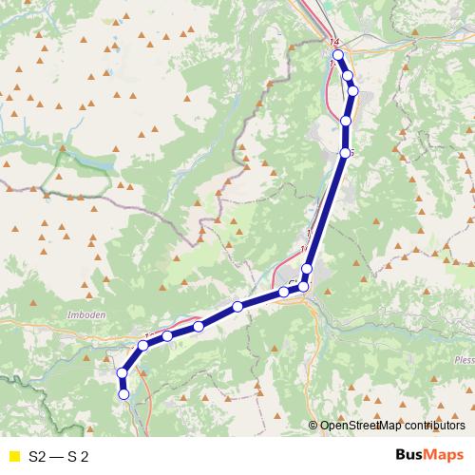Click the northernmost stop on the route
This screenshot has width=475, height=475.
338,56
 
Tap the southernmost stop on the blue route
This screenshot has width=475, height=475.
123,393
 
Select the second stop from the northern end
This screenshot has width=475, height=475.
348,76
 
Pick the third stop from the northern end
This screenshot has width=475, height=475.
352,91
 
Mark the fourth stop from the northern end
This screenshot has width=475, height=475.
346,122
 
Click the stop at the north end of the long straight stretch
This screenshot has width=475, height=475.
346,152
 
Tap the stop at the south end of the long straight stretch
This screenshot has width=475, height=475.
307,270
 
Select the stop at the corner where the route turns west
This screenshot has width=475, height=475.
304,286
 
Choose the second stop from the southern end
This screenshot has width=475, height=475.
122,374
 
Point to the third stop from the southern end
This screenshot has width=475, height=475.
143,345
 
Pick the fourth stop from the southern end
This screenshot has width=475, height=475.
167,335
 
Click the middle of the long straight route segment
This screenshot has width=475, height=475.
327,211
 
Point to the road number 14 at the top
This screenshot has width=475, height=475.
333,43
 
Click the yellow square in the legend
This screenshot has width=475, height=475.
12,456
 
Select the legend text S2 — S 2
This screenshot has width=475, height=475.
59,456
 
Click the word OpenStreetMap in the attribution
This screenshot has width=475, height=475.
358,426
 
